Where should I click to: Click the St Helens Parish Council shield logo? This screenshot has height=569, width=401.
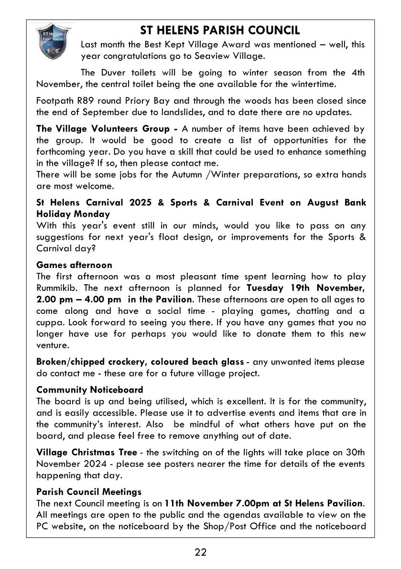(54, 42)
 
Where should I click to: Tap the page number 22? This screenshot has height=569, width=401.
(200, 552)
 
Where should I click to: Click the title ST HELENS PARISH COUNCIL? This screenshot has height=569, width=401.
(220, 31)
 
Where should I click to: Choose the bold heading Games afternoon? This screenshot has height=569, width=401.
(74, 265)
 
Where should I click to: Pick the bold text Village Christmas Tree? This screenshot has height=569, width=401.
(87, 452)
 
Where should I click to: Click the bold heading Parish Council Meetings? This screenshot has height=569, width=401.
(89, 491)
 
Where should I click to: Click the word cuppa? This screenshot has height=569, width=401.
(50, 322)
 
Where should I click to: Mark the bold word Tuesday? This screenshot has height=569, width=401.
(264, 288)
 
